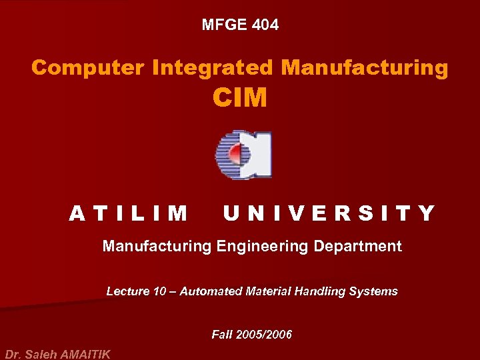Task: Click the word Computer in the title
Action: coord(88,67)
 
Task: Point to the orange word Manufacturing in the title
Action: coord(365,67)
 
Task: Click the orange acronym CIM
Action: coord(240,98)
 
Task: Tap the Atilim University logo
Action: coord(243,155)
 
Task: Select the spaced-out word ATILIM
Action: coord(129,213)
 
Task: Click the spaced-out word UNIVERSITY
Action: coord(329,213)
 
